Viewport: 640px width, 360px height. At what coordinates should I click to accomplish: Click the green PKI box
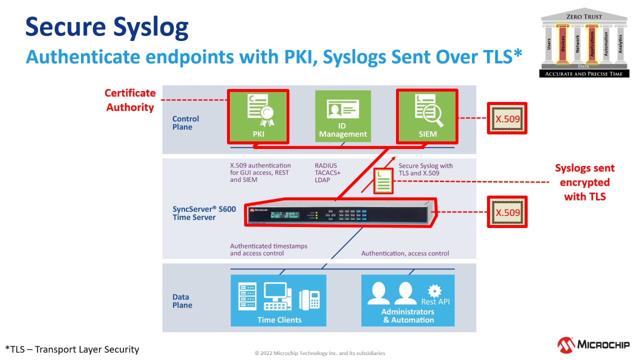[x=258, y=115]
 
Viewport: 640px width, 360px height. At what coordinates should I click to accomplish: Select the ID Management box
[x=343, y=115]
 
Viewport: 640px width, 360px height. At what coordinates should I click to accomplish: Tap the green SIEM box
[x=426, y=115]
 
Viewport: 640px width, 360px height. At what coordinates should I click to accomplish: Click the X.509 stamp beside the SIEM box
[x=507, y=119]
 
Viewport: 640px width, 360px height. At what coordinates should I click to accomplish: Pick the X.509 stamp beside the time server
[x=507, y=212]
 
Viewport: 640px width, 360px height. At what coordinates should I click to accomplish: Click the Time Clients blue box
[x=278, y=300]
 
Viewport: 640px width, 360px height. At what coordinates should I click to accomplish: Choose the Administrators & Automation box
[x=408, y=300]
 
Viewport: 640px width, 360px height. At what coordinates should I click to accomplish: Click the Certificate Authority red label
[x=130, y=100]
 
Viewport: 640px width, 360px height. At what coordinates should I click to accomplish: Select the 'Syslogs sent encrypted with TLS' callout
[x=584, y=182]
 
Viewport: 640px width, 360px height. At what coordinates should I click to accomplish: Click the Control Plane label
[x=185, y=123]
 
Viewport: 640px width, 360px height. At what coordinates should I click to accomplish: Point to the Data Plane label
[x=182, y=301]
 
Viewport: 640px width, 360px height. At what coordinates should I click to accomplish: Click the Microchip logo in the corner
[x=593, y=344]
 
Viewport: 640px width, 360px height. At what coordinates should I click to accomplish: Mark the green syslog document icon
[x=383, y=181]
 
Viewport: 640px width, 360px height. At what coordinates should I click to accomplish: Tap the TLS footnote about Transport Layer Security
[x=72, y=349]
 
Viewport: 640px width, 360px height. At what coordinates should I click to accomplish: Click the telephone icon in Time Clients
[x=309, y=299]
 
